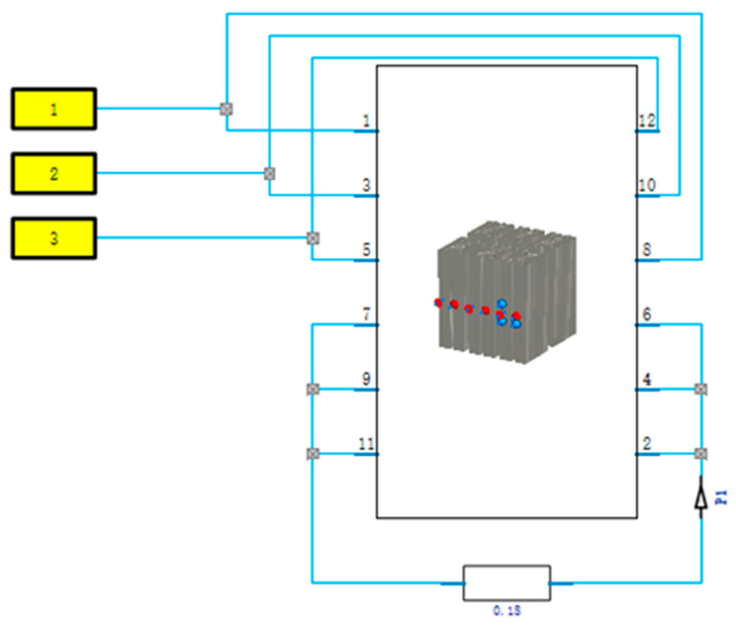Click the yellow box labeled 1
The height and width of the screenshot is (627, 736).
tap(54, 109)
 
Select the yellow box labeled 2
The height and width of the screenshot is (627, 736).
tap(54, 174)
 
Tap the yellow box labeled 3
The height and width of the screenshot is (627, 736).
tap(54, 239)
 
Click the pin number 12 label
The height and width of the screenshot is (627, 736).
tap(647, 121)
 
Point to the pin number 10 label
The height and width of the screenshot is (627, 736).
tap(647, 185)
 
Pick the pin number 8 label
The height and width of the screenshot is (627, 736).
tap(647, 250)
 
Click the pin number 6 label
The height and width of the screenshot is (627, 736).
tap(647, 314)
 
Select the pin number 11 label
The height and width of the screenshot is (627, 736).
tap(366, 444)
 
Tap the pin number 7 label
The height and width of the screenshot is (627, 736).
tap(366, 314)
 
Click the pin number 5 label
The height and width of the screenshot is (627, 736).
tap(366, 250)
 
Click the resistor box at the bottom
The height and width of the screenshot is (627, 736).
tap(507, 583)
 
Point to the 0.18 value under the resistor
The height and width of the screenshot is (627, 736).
tap(507, 611)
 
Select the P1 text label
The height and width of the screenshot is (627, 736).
tap(721, 498)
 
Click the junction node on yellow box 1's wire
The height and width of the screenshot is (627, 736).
tap(226, 109)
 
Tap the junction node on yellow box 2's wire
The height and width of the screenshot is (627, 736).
tap(269, 174)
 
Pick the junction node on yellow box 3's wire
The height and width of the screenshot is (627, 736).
tap(313, 238)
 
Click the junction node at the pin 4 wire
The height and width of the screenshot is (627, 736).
tap(701, 389)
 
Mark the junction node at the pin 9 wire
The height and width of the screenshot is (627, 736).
tap(313, 389)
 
